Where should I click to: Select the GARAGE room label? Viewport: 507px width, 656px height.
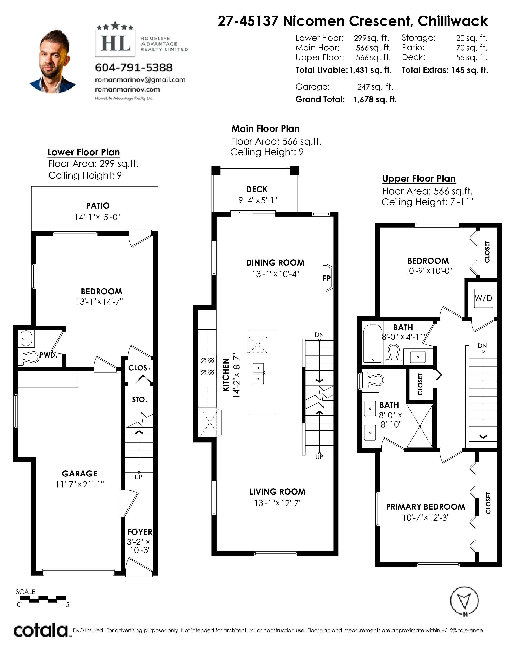point(80,474)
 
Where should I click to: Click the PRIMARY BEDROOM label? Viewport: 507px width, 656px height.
point(425,507)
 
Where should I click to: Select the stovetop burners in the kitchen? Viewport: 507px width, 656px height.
point(207,367)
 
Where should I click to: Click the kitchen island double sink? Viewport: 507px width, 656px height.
point(258,373)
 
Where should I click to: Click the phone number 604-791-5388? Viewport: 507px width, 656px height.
point(134,68)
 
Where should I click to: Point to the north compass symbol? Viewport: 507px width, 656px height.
point(464,601)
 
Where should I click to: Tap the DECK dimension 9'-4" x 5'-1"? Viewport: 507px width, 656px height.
point(258,200)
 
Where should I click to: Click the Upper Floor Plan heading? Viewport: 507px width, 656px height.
point(419,179)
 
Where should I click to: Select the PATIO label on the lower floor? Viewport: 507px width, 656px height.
point(98,206)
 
